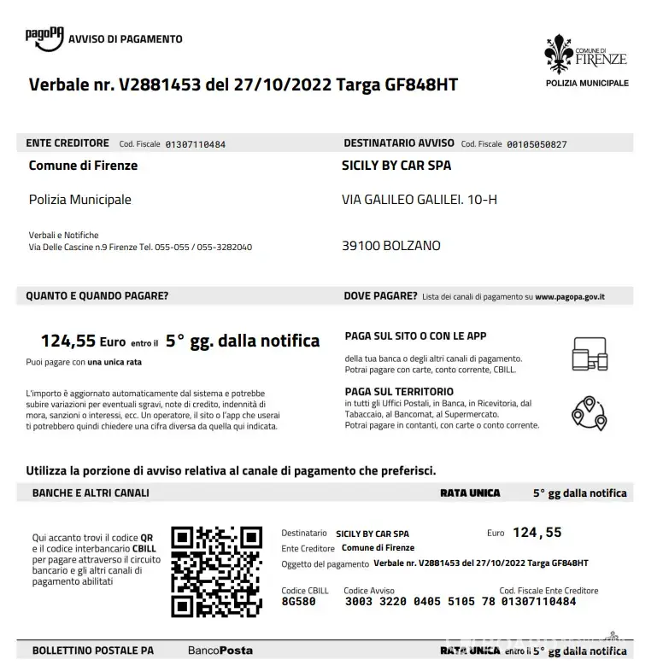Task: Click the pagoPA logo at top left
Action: tap(44, 38)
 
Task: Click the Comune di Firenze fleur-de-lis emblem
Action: tap(559, 54)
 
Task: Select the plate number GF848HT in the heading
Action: tap(422, 85)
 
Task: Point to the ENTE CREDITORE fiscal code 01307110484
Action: tap(195, 144)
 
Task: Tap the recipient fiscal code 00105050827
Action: tap(537, 144)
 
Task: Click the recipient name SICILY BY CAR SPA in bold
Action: tap(396, 166)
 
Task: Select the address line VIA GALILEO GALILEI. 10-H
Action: tap(419, 200)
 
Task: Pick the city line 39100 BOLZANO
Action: tap(391, 246)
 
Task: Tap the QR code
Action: tap(216, 571)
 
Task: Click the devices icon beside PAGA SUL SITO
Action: tap(589, 353)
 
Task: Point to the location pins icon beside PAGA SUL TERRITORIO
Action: tap(589, 412)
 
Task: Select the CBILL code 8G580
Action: tap(298, 602)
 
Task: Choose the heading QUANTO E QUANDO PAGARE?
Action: tap(97, 296)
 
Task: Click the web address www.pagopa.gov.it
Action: tap(570, 297)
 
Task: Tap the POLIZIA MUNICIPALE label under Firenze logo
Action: tap(587, 83)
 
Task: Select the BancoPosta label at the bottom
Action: tap(220, 651)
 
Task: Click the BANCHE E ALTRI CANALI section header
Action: tap(91, 493)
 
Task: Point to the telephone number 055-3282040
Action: tap(225, 248)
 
